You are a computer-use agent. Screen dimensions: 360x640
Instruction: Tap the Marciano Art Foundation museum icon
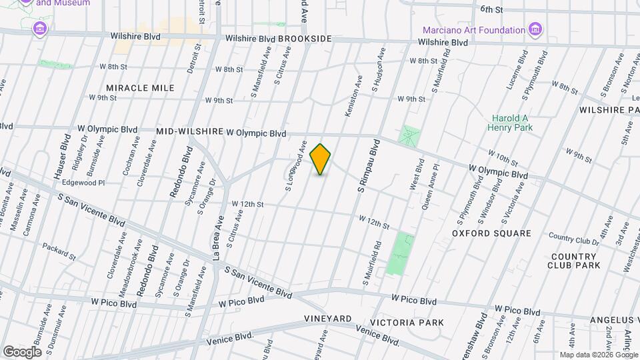pos(535,29)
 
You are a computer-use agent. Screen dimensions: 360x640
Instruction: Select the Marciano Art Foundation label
pos(474,30)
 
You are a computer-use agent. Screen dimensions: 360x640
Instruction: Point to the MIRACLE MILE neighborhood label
pos(140,88)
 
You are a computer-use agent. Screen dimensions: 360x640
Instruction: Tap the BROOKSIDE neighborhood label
pos(305,39)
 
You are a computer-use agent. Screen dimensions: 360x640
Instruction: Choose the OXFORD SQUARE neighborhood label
pos(491,233)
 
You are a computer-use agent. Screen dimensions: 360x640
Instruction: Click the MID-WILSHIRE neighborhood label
pos(189,132)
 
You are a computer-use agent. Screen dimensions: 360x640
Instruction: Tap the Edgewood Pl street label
pos(83,182)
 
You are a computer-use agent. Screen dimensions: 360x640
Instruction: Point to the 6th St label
pos(491,9)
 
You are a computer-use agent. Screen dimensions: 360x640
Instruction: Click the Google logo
pos(22,351)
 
